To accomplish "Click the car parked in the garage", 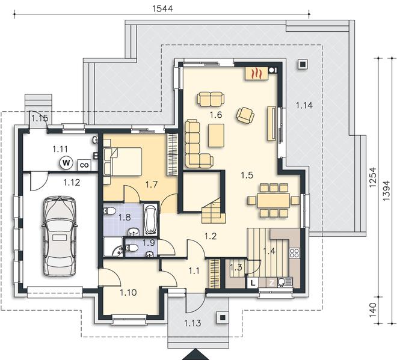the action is pyautogui.click(x=60, y=236).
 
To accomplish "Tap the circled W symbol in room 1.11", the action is pyautogui.click(x=66, y=163).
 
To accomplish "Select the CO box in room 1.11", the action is pyautogui.click(x=84, y=165).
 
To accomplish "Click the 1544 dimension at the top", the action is pyautogui.click(x=162, y=8).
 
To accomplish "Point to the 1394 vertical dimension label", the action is pyautogui.click(x=386, y=191).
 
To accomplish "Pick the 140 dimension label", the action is pyautogui.click(x=373, y=310).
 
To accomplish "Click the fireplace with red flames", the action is pyautogui.click(x=256, y=73).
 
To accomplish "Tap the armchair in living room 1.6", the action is pyautogui.click(x=245, y=115).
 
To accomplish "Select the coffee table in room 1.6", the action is pyautogui.click(x=216, y=135).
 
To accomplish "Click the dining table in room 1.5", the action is pyautogui.click(x=274, y=200).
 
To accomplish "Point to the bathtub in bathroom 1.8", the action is pyautogui.click(x=150, y=219).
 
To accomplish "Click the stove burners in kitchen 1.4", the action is pyautogui.click(x=295, y=253).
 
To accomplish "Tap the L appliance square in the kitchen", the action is pyautogui.click(x=253, y=282).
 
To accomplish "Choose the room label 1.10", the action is pyautogui.click(x=128, y=293).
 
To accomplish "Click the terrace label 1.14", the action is pyautogui.click(x=304, y=105).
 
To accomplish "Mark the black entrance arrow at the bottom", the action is pyautogui.click(x=195, y=355).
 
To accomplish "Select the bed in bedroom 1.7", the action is pyautogui.click(x=123, y=162).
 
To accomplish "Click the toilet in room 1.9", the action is pyautogui.click(x=132, y=248).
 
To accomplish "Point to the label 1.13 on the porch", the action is pyautogui.click(x=192, y=323).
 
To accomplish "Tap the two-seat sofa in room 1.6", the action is pyautogui.click(x=211, y=99).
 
